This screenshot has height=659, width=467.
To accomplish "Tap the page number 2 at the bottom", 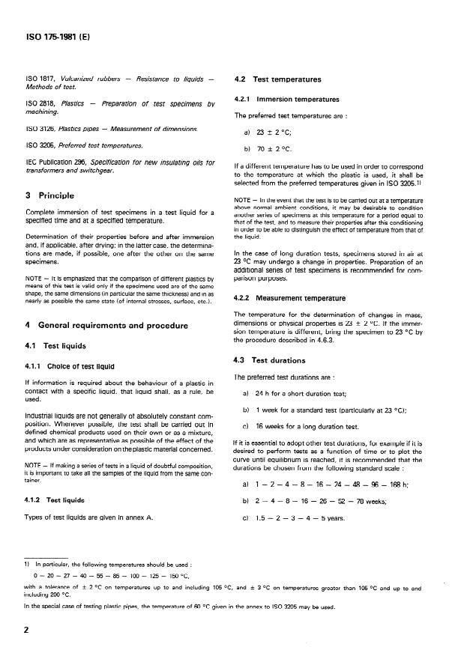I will pyautogui.click(x=26, y=630).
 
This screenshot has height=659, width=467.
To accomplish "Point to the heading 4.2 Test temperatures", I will pyautogui.click(x=279, y=79).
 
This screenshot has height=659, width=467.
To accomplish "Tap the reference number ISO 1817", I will pyautogui.click(x=41, y=79).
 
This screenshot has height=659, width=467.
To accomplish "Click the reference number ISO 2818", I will pyautogui.click(x=41, y=103).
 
